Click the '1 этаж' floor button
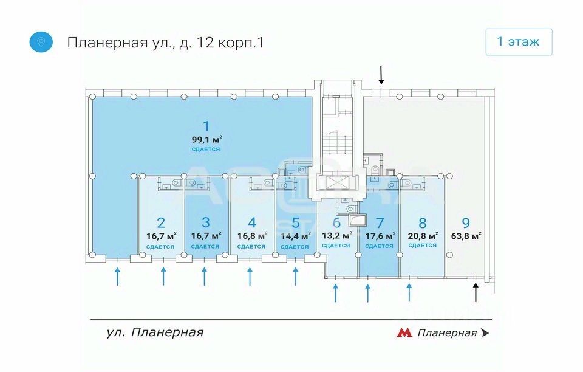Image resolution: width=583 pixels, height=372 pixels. pyautogui.click(x=519, y=42)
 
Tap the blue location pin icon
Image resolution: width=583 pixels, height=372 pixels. pyautogui.click(x=41, y=42)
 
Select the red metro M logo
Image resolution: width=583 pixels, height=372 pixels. pyautogui.click(x=404, y=332)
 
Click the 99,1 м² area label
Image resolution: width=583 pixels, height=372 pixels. pyautogui.click(x=206, y=140)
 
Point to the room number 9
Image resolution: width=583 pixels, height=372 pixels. pyautogui.click(x=466, y=223)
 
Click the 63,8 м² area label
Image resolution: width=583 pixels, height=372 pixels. pyautogui.click(x=466, y=236)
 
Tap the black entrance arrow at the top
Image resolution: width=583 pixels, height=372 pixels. pyautogui.click(x=381, y=75)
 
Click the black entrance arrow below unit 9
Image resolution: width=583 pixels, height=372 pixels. pyautogui.click(x=475, y=292)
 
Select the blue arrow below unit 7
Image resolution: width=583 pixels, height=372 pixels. pyautogui.click(x=368, y=293)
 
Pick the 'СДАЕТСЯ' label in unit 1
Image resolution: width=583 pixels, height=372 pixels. pyautogui.click(x=206, y=150)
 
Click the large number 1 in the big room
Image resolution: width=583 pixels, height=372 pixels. pyautogui.click(x=206, y=126)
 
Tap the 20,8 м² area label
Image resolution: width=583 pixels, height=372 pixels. pyautogui.click(x=423, y=236)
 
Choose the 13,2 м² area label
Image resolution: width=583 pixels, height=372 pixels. pyautogui.click(x=337, y=236)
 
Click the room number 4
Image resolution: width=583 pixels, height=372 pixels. pyautogui.click(x=252, y=222)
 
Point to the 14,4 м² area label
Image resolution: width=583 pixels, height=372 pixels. pyautogui.click(x=296, y=236)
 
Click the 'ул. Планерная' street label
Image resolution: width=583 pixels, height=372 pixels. pyautogui.click(x=155, y=332)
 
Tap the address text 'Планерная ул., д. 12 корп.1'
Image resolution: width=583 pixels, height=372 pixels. pyautogui.click(x=165, y=43)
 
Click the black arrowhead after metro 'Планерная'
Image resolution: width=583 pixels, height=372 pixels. pyautogui.click(x=485, y=332)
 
